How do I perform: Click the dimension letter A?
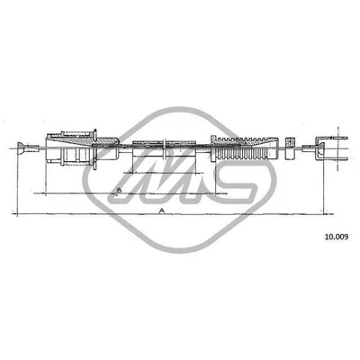tap(162, 211)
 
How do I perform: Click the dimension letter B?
tap(119, 190)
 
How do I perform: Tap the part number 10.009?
tap(337, 237)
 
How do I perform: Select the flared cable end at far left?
tap(21, 148)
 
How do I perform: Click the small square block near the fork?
tap(289, 148)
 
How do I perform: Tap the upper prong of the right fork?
tap(335, 139)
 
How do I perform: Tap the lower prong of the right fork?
tap(335, 158)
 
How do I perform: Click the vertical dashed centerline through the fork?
tap(338, 148)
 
